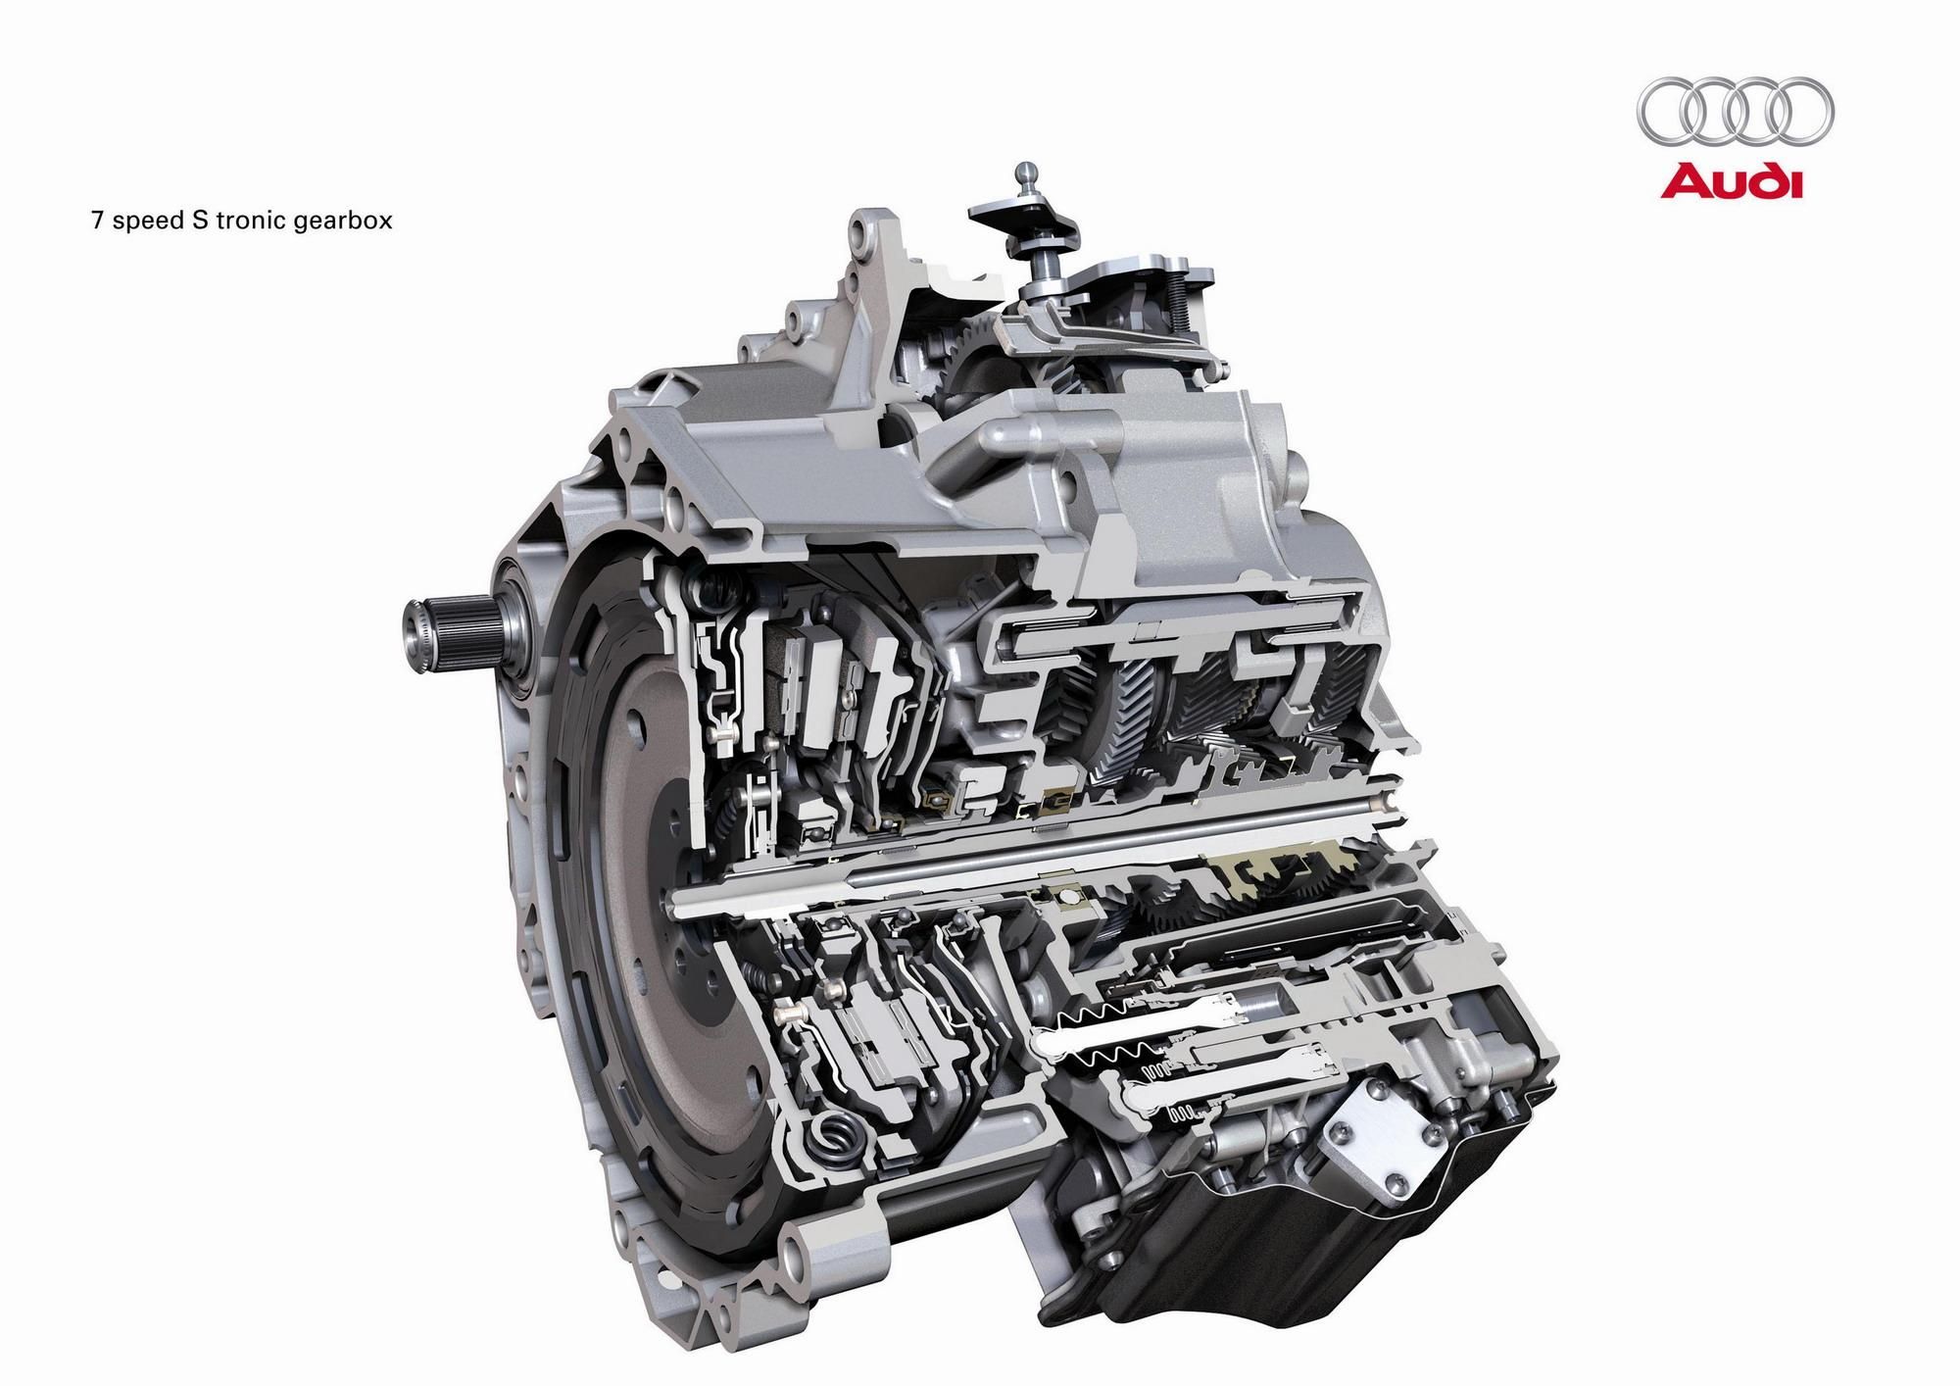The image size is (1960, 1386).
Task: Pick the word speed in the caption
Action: (142, 222)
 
